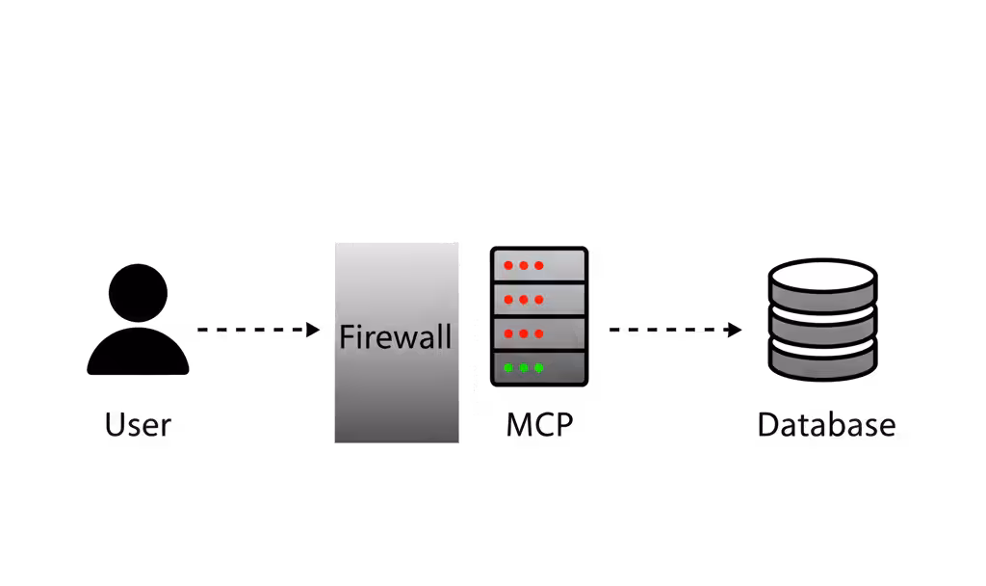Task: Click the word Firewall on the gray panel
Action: point(396,337)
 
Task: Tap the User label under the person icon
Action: point(139,424)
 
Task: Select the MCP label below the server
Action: point(539,424)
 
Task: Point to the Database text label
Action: point(826,424)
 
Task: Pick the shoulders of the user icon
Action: point(138,354)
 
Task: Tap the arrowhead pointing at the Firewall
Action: point(312,331)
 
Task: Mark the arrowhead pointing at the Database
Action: point(735,331)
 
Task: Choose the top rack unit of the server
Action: point(538,265)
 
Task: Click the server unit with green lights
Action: point(538,368)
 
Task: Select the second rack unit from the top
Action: point(538,299)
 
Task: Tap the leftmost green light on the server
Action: point(508,368)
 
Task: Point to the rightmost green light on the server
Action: point(539,368)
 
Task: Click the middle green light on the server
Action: point(524,368)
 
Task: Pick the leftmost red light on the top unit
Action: point(508,265)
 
